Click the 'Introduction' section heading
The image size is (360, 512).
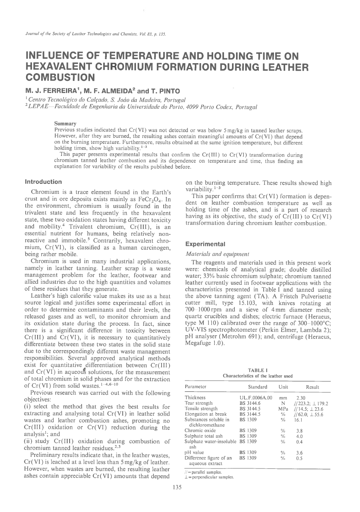pyautogui.click(x=43, y=182)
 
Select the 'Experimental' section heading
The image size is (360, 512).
pyautogui.click(x=203, y=244)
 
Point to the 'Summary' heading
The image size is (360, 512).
pyautogui.click(x=65, y=124)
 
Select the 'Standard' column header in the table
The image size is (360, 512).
pyautogui.click(x=257, y=387)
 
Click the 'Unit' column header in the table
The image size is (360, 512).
pyautogui.click(x=283, y=387)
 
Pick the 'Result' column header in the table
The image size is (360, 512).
pyautogui.click(x=312, y=387)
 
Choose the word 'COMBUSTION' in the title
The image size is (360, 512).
pyautogui.click(x=60, y=77)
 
